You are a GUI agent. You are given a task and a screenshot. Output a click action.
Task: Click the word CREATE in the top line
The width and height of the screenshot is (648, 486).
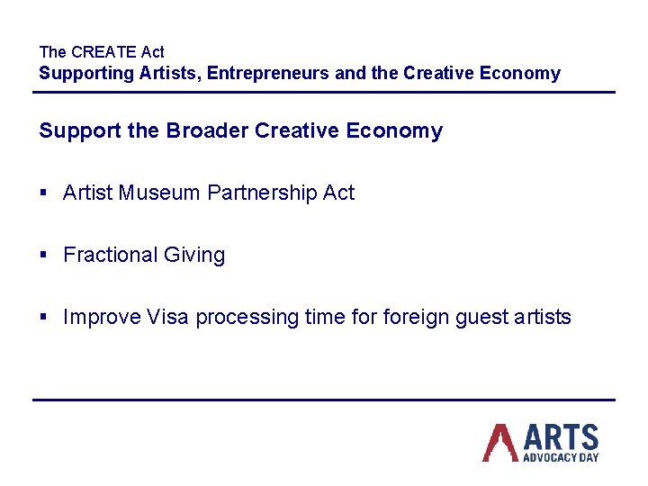(x=103, y=52)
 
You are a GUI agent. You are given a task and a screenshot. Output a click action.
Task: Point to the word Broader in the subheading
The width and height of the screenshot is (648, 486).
(x=208, y=131)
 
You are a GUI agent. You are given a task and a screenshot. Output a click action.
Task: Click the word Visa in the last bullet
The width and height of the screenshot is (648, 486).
(x=167, y=318)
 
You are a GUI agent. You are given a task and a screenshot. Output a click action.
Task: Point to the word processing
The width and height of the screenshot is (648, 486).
(x=246, y=318)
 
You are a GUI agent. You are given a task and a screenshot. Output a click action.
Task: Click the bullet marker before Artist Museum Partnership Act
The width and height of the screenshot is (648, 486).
(x=44, y=193)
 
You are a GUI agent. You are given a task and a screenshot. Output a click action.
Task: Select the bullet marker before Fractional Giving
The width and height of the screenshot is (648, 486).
(x=44, y=256)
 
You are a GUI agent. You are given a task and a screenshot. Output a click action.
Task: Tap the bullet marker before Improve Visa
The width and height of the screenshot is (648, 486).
(x=44, y=318)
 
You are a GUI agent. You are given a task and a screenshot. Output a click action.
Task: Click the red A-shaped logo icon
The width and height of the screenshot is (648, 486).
(x=499, y=442)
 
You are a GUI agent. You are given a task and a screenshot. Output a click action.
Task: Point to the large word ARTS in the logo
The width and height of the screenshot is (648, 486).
(x=561, y=437)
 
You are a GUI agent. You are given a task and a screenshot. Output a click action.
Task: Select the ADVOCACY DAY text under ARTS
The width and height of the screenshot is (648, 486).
(x=561, y=457)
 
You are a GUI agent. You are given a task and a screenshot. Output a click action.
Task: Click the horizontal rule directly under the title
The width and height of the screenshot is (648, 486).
(x=324, y=92)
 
